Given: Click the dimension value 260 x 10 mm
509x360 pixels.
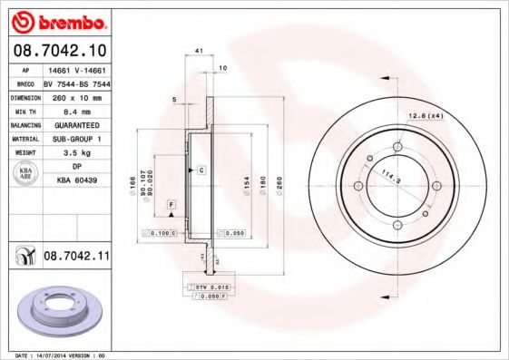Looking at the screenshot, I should coord(75,95).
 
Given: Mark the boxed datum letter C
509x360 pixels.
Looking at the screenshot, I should coord(201,170).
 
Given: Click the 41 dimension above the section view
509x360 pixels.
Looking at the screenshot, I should coord(198,52).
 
